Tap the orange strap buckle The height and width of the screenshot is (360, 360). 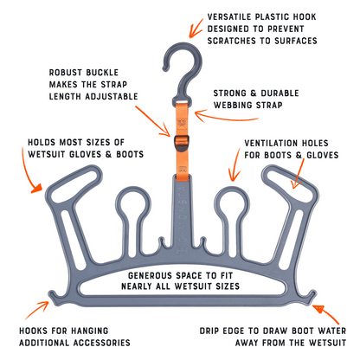pyautogui.click(x=182, y=143)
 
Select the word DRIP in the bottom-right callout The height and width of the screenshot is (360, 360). pyautogui.click(x=209, y=331)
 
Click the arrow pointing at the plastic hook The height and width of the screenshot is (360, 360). pyautogui.click(x=196, y=29)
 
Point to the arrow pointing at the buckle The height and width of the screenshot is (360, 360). pyautogui.click(x=153, y=121)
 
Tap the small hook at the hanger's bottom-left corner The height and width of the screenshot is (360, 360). pyautogui.click(x=55, y=297)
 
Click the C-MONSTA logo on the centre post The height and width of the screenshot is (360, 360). pyautogui.click(x=182, y=219)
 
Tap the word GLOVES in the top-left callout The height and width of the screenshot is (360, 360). pyautogui.click(x=86, y=154)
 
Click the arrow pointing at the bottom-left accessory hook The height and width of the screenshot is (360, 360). pyautogui.click(x=38, y=310)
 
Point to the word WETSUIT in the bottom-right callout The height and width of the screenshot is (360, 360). pyautogui.click(x=327, y=343)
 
